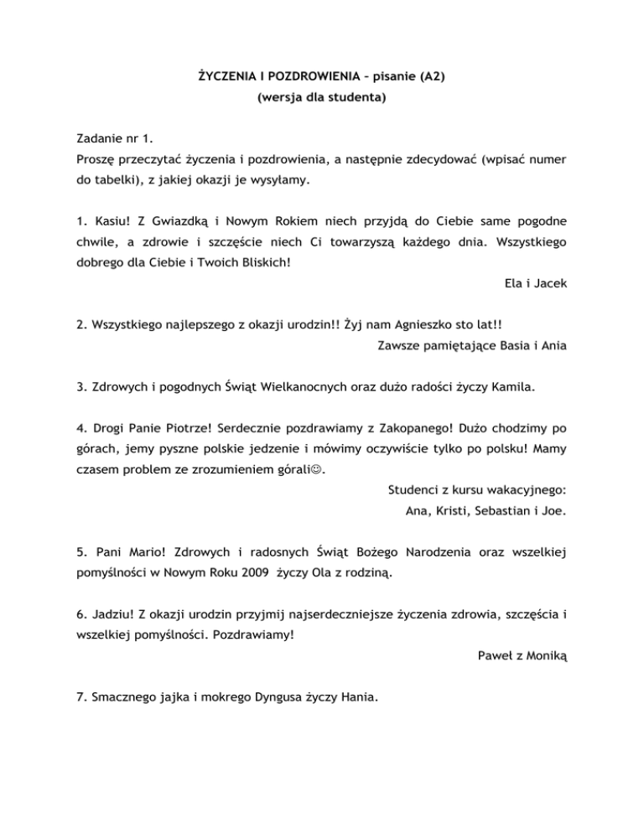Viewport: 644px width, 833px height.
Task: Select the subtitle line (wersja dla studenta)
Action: (322, 98)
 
